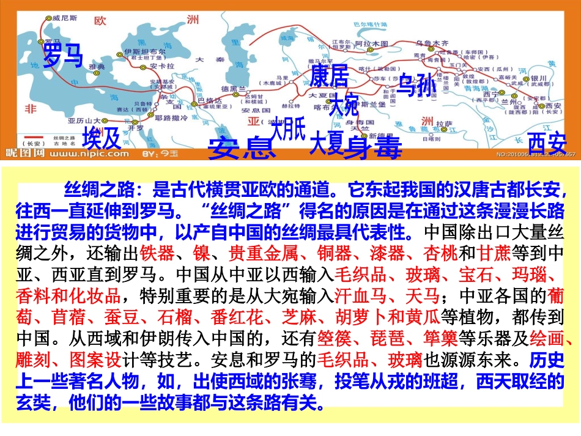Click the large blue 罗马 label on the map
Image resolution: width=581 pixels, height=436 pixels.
point(62,55)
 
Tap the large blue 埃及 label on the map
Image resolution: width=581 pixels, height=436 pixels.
point(102,138)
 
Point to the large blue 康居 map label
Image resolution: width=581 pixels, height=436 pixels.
point(329,77)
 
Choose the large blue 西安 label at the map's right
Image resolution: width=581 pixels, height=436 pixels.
point(547,143)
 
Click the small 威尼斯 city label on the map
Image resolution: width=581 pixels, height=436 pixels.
point(62,19)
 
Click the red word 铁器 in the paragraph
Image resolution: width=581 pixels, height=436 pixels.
point(156,253)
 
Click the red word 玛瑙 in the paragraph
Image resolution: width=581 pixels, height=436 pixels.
point(527,275)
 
